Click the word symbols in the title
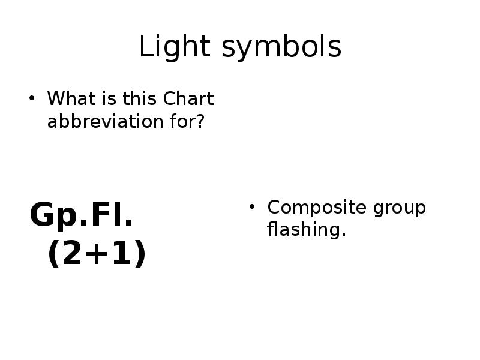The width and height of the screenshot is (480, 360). [x=281, y=47]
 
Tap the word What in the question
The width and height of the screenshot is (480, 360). [x=68, y=98]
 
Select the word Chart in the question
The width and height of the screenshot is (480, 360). [x=188, y=98]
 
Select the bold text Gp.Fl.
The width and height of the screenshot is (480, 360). [x=82, y=215]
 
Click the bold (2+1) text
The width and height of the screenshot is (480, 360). [x=97, y=254]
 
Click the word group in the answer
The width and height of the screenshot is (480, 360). [x=399, y=208]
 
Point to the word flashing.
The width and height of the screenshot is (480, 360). [x=307, y=230]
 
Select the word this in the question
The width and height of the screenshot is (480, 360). [x=140, y=98]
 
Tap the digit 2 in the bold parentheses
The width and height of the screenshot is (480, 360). [x=71, y=254]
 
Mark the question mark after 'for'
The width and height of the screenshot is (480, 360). [x=200, y=121]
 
